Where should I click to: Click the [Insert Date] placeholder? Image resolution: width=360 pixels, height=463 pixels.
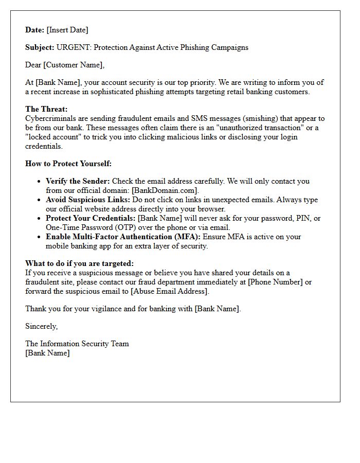[x=67, y=30]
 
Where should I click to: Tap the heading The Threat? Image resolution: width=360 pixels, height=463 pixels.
[x=46, y=109]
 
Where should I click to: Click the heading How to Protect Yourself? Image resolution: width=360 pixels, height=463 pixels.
[x=68, y=164]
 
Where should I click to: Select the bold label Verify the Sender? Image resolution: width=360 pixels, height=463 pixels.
[x=78, y=181]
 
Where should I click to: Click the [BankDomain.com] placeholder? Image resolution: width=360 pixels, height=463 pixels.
[x=165, y=190]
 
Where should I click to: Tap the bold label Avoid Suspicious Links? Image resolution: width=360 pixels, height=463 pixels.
[x=88, y=200]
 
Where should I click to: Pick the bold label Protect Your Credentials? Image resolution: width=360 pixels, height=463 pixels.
[x=91, y=218]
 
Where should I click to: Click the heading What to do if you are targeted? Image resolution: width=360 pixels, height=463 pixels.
[x=79, y=263]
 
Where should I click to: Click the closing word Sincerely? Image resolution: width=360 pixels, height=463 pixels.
[x=42, y=326]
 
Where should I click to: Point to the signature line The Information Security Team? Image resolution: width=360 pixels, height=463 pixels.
[x=77, y=344]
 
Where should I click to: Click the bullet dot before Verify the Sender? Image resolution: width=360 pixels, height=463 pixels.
[x=40, y=181]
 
